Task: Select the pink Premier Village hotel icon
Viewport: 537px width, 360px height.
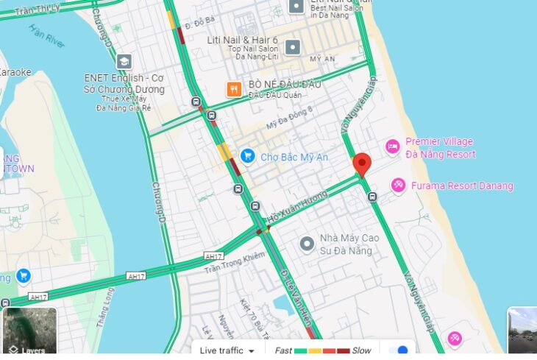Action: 393,147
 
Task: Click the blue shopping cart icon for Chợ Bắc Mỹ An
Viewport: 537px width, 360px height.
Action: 247,156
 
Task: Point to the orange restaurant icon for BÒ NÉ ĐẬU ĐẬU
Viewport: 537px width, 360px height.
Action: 234,89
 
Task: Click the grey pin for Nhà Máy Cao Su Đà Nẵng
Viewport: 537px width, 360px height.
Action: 307,243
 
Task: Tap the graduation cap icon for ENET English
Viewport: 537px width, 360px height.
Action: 124,62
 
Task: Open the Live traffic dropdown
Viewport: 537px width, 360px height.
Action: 227,350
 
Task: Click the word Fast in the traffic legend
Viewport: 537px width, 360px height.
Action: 283,350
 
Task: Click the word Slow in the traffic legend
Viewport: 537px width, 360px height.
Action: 361,350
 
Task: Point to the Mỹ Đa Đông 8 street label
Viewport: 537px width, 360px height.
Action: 290,118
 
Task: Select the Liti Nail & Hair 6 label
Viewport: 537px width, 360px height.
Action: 243,40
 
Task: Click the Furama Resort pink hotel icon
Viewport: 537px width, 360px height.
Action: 398,186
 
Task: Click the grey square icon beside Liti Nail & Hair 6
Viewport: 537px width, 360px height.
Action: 292,48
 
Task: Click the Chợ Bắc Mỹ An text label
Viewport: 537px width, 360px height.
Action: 294,157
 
